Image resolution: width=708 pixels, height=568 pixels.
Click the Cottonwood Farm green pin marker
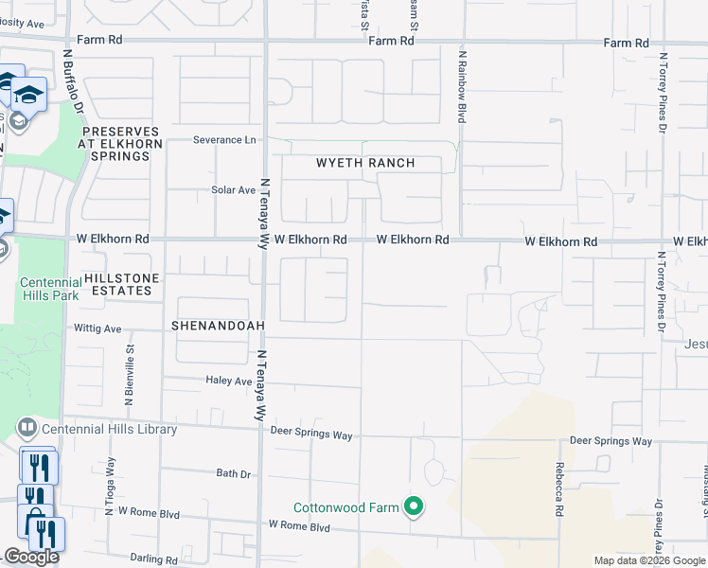413,507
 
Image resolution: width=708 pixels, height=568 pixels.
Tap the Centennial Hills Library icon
27,429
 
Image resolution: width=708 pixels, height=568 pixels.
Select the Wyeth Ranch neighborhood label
365,163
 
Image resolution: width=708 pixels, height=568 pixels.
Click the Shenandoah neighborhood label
217,325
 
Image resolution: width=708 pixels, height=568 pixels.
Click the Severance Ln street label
224,139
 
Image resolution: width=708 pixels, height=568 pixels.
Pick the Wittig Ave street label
98,328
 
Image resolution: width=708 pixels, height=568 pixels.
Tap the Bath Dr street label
233,473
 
